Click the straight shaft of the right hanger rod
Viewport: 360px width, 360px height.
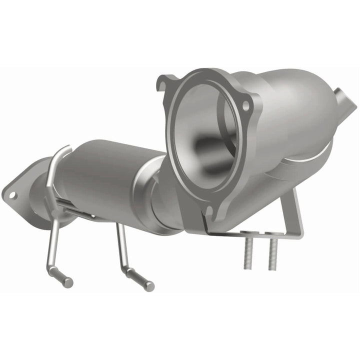pyautogui.click(x=121, y=245)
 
